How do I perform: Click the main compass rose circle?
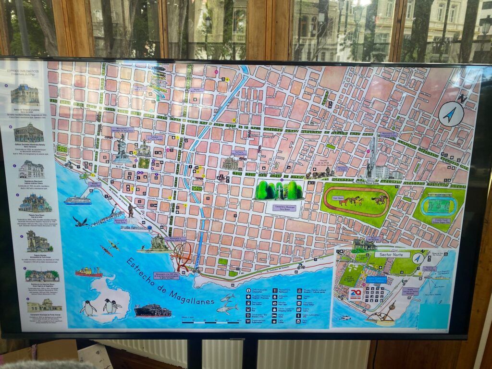point(451,114)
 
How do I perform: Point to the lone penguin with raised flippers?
point(88,308)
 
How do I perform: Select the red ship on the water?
point(88,272)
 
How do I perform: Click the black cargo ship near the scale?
point(152,311)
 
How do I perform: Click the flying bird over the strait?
point(80,221)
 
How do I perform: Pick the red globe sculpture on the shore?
point(183,256)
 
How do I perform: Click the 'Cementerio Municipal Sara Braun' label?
point(283,207)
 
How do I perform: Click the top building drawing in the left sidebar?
point(25,94)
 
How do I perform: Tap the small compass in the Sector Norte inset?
point(418,258)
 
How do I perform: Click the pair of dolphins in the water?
point(227,304)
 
